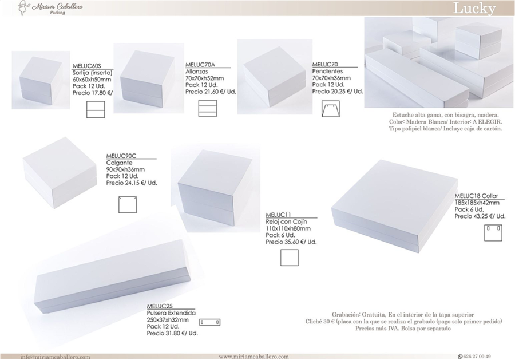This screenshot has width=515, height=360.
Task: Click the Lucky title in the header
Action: coord(474,8)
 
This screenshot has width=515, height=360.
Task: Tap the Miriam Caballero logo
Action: coord(50,8)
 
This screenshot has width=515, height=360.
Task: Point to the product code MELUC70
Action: coord(325,64)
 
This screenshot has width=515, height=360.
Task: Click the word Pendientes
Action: coord(327,72)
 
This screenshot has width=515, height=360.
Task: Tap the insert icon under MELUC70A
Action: coord(208,108)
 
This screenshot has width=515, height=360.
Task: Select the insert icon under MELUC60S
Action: coord(96,109)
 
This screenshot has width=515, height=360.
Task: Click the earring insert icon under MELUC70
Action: coord(331,109)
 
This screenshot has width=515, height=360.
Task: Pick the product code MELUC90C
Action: coord(121,156)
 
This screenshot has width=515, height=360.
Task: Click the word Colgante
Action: coord(120,163)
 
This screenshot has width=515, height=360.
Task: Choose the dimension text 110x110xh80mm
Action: coord(288,228)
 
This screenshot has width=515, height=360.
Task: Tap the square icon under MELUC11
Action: coord(290,258)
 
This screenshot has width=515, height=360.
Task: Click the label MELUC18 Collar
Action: coord(476,196)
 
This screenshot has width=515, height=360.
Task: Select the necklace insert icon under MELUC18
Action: coord(493,232)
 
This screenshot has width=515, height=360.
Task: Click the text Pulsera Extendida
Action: coord(171,313)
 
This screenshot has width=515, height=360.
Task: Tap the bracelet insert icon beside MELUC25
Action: coord(210,322)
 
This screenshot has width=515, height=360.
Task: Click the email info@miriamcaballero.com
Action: coord(55,357)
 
